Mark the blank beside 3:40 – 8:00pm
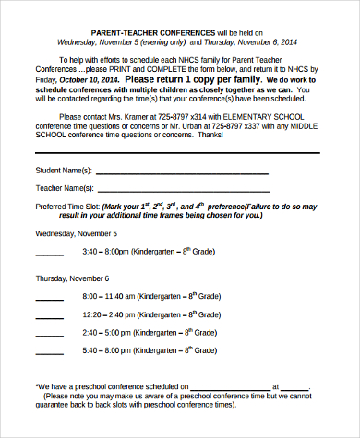tap(49, 253)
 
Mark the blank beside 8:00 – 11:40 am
tap(49, 298)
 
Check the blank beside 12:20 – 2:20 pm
tap(49, 315)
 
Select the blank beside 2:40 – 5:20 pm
tap(49, 333)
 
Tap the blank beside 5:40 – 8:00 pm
tap(49, 351)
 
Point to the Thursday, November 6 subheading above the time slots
tap(72, 278)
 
